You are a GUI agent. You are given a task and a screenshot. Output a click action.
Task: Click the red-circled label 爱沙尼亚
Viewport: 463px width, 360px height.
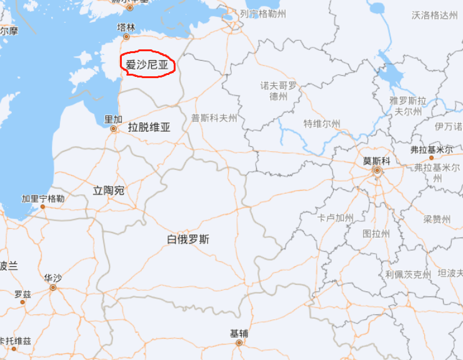coord(147,64)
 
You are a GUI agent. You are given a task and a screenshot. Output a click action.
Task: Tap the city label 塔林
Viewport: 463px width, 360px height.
coord(126,27)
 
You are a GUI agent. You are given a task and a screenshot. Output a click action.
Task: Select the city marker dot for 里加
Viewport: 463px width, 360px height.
coord(113,129)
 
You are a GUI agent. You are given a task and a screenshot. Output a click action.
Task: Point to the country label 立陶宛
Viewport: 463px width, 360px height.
coord(108,191)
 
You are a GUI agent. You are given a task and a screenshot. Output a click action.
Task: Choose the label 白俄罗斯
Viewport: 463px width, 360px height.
coord(188,239)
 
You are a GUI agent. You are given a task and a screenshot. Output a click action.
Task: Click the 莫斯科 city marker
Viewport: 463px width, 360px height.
coord(377,170)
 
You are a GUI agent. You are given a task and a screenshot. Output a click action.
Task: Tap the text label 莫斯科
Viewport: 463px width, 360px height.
coord(377,160)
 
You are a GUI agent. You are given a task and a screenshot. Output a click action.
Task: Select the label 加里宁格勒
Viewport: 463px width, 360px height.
coord(43,199)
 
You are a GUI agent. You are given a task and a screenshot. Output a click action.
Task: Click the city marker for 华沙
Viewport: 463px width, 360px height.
coord(53,287)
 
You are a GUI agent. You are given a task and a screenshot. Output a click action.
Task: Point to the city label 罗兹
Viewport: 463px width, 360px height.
coord(22,294)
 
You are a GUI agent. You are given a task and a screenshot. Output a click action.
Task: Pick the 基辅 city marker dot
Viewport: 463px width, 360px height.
coord(239,342)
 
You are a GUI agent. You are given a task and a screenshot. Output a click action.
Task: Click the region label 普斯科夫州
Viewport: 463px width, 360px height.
coord(214,117)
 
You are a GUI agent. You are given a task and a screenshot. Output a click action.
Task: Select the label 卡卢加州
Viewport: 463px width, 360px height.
coord(336,217)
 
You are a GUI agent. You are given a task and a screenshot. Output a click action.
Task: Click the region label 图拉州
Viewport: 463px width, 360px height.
coord(376,234)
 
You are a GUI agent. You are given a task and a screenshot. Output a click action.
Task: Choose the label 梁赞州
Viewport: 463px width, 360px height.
coord(437,219)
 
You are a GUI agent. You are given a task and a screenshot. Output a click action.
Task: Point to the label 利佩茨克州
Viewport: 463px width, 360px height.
coord(408,274)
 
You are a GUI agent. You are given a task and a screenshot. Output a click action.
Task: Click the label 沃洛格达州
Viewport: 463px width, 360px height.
coord(435,15)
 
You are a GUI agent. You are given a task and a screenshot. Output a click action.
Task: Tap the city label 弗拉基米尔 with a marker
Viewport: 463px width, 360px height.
coord(431,150)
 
